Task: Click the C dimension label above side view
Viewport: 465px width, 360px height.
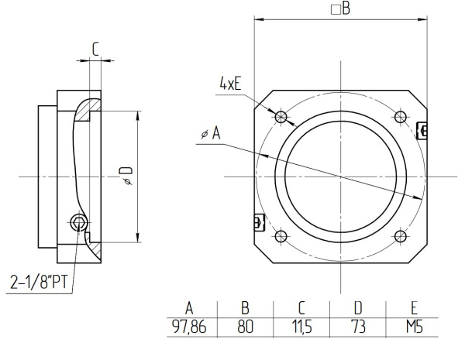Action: point(95,48)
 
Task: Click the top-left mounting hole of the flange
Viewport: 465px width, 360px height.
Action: point(281,117)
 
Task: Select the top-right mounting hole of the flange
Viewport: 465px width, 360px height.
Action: point(400,117)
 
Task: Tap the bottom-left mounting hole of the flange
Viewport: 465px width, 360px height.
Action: point(281,236)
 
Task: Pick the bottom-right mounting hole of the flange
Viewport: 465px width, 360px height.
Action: point(400,236)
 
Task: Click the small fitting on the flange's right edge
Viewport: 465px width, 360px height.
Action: point(422,130)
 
